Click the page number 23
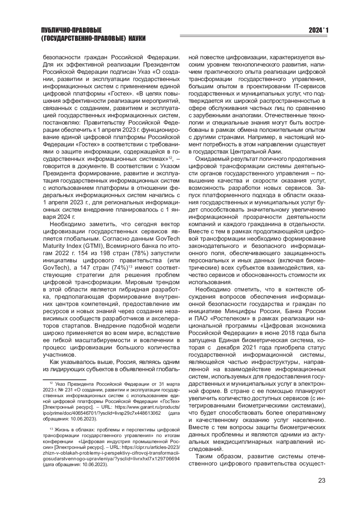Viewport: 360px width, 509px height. tap(322, 480)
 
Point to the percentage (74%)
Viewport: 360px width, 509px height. tap(120, 268)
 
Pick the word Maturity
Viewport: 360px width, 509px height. tap(53, 246)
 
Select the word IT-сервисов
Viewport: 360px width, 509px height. tap(310, 86)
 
